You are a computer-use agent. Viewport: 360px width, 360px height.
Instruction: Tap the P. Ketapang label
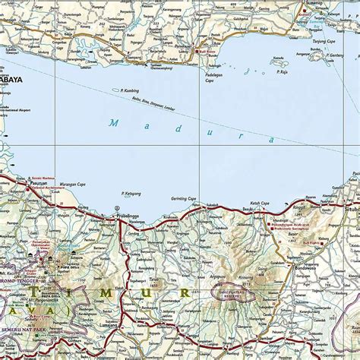tap(131, 194)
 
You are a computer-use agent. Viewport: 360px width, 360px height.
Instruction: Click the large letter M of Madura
tap(114, 122)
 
